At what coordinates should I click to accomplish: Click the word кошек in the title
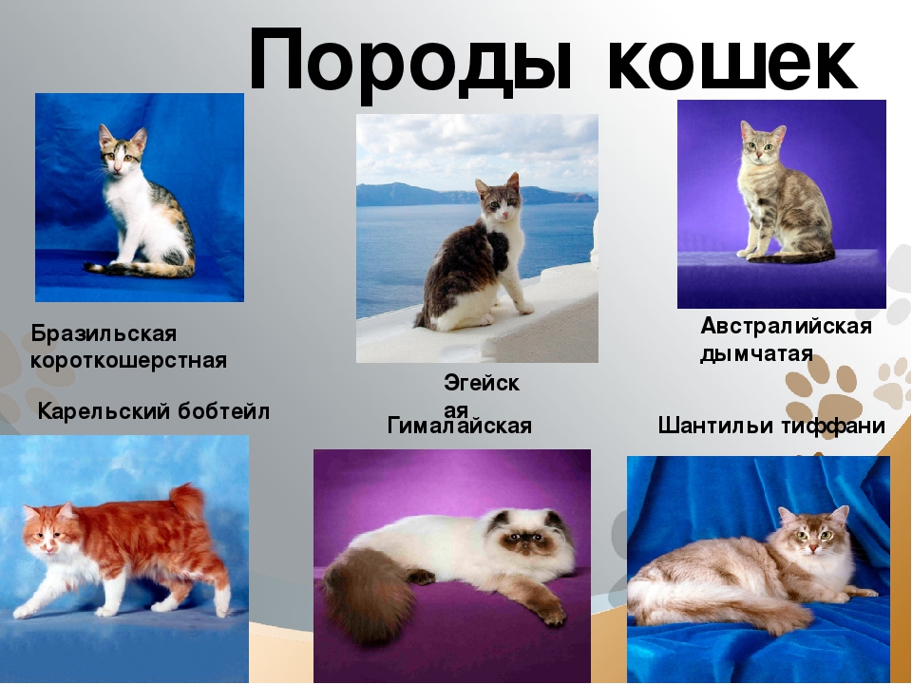[731, 61]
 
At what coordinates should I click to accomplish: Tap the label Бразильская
[104, 334]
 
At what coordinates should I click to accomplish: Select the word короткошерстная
[128, 361]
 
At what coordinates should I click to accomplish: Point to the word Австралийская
[787, 326]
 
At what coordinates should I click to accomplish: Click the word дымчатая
[756, 353]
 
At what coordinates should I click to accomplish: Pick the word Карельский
[104, 411]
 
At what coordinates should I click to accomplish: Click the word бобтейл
[223, 411]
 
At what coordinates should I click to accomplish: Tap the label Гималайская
[460, 426]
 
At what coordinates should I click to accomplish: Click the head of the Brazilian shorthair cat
[122, 151]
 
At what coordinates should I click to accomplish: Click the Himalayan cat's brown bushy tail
[370, 593]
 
